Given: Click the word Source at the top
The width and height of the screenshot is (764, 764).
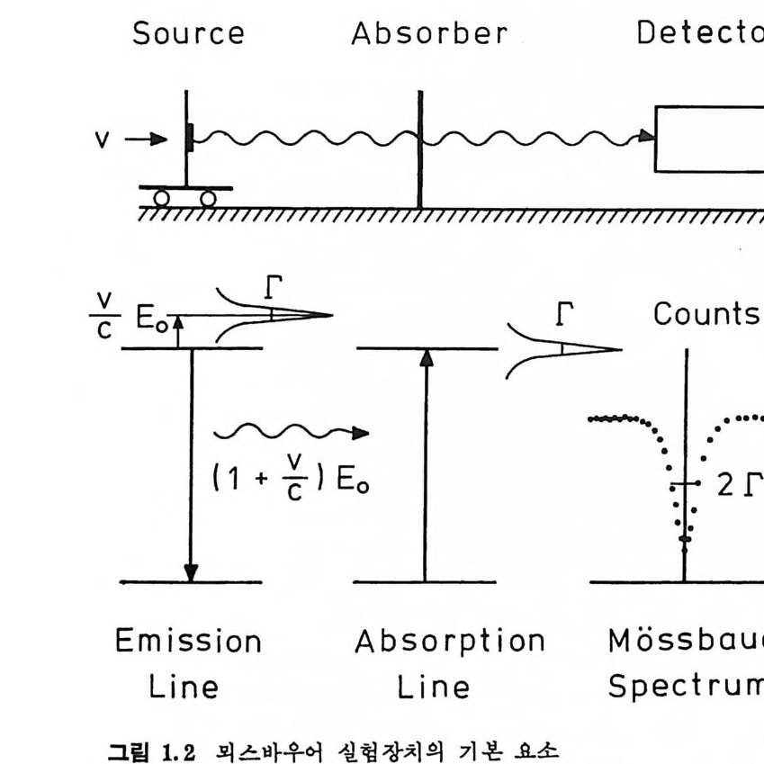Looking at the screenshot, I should pos(188,33).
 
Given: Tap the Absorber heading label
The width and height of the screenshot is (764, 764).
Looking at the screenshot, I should pos(429,33).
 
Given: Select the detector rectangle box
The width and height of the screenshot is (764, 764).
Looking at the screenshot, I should pos(710,139).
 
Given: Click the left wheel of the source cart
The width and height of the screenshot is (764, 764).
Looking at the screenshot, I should pos(161,198).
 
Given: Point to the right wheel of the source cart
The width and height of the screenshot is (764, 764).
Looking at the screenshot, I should pos(208,198).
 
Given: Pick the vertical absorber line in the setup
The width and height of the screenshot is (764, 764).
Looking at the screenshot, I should pos(419,148).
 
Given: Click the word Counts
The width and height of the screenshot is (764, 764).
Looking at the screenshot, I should pos(706,314).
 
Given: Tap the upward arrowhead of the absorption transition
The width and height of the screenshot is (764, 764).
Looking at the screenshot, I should pos(427,357).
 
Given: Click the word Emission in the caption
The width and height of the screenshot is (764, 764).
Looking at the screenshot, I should pos(188,642).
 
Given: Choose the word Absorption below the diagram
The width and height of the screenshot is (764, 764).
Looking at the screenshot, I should pos(449,642).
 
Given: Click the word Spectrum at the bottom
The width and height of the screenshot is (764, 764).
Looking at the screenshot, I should pos(684,686).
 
